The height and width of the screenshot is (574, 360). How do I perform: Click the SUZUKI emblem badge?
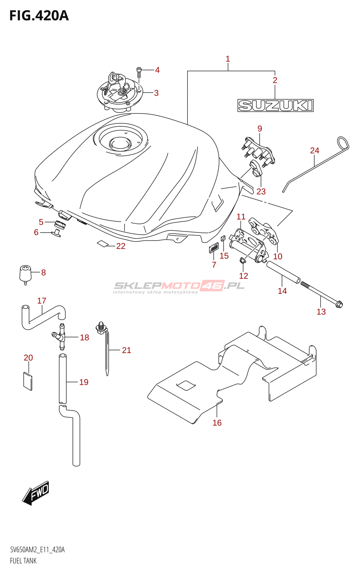coord(275,105)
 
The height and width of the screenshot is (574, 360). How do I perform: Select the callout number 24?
coord(314,151)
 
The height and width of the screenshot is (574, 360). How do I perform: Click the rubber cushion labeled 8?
coord(25,274)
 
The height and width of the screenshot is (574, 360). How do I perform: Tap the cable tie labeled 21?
coord(106,352)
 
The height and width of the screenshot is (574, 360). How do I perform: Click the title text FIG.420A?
coord(39,16)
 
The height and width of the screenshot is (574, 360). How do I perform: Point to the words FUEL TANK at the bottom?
coord(23,561)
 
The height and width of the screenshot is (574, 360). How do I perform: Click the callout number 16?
coord(217,423)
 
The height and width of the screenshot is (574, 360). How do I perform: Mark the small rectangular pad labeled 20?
coord(28,381)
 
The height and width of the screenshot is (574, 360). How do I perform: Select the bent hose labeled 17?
coord(42,316)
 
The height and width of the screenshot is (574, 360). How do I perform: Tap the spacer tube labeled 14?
coord(283,273)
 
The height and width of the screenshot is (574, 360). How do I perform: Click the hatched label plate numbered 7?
coord(214,248)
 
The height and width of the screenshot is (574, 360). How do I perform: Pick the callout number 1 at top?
coord(228,59)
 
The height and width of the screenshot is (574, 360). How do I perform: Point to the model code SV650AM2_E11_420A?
coord(37,550)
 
